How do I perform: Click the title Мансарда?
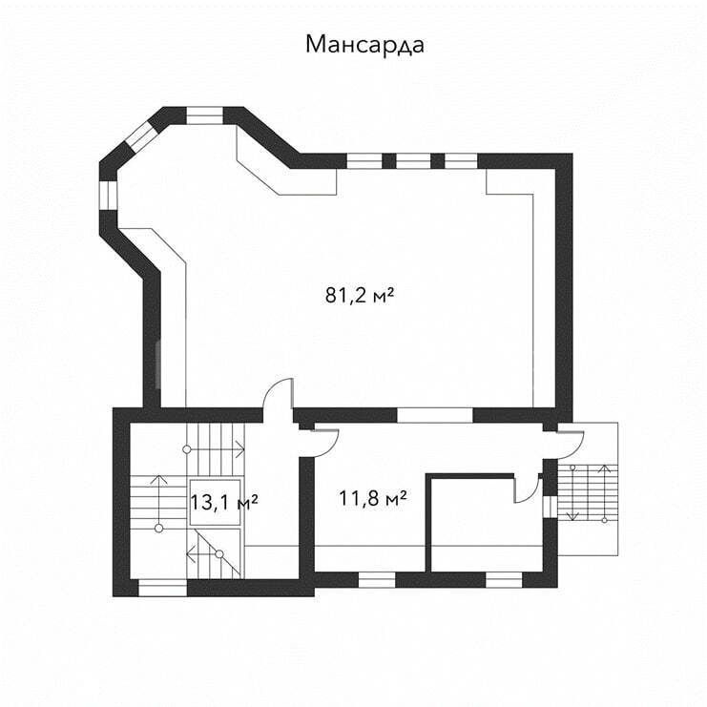(364, 45)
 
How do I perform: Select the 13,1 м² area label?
(224, 502)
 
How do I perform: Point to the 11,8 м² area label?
(373, 499)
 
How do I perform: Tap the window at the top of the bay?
(205, 115)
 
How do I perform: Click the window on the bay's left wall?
(108, 196)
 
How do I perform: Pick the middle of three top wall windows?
(413, 161)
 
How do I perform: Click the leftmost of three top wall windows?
(364, 161)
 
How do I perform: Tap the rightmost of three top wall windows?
(461, 161)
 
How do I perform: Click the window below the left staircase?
(162, 588)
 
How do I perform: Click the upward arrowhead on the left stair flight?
(158, 479)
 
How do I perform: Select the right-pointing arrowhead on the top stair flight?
(239, 449)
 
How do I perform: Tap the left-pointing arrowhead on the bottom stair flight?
(191, 554)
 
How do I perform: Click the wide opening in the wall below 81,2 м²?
(435, 415)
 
